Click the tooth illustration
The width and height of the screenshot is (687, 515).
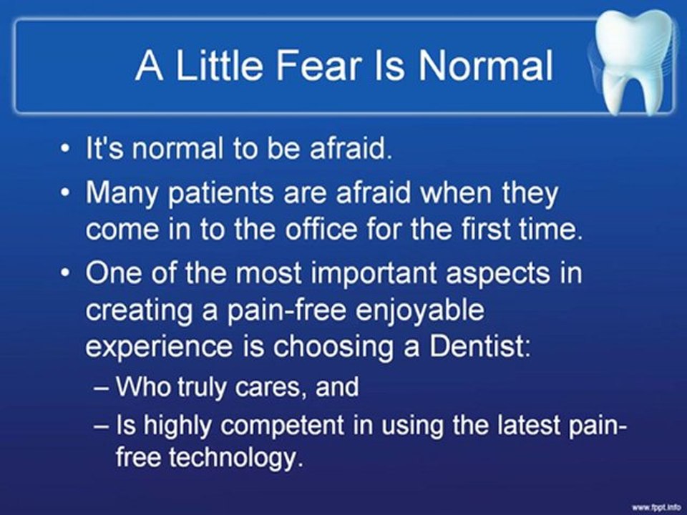[x=633, y=62]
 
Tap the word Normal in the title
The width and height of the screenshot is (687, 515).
[x=485, y=66]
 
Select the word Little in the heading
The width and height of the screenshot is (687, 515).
[x=220, y=66]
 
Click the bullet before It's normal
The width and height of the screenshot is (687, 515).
[x=65, y=149]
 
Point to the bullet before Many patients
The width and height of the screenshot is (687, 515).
[x=65, y=192]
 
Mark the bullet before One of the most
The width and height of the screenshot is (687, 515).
[x=65, y=273]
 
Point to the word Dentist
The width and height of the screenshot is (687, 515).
[x=479, y=346]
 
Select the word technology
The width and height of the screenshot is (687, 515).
[x=235, y=458]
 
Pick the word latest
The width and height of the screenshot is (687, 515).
[x=528, y=424]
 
